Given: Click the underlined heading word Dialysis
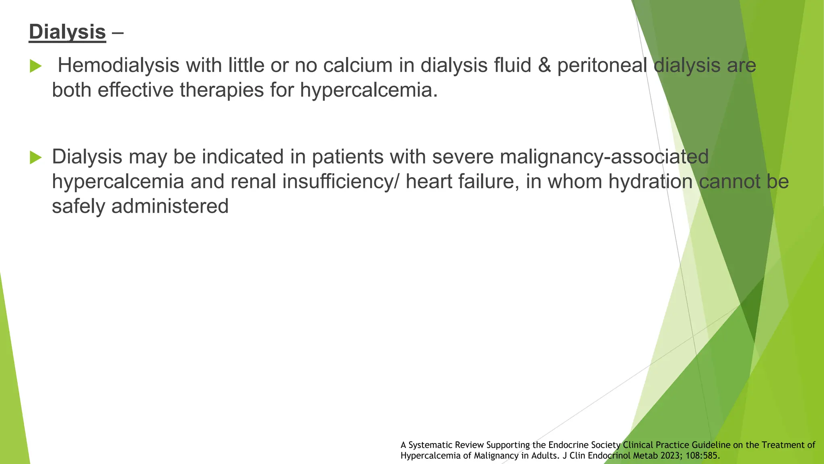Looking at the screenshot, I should pyautogui.click(x=67, y=32).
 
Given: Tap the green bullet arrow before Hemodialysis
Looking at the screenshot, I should pyautogui.click(x=35, y=66).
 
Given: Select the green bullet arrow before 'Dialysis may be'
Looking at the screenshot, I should pyautogui.click(x=35, y=157).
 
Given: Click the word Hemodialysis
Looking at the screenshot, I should pyautogui.click(x=118, y=65).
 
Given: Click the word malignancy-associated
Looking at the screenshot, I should pyautogui.click(x=604, y=157).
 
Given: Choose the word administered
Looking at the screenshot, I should pyautogui.click(x=170, y=206).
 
